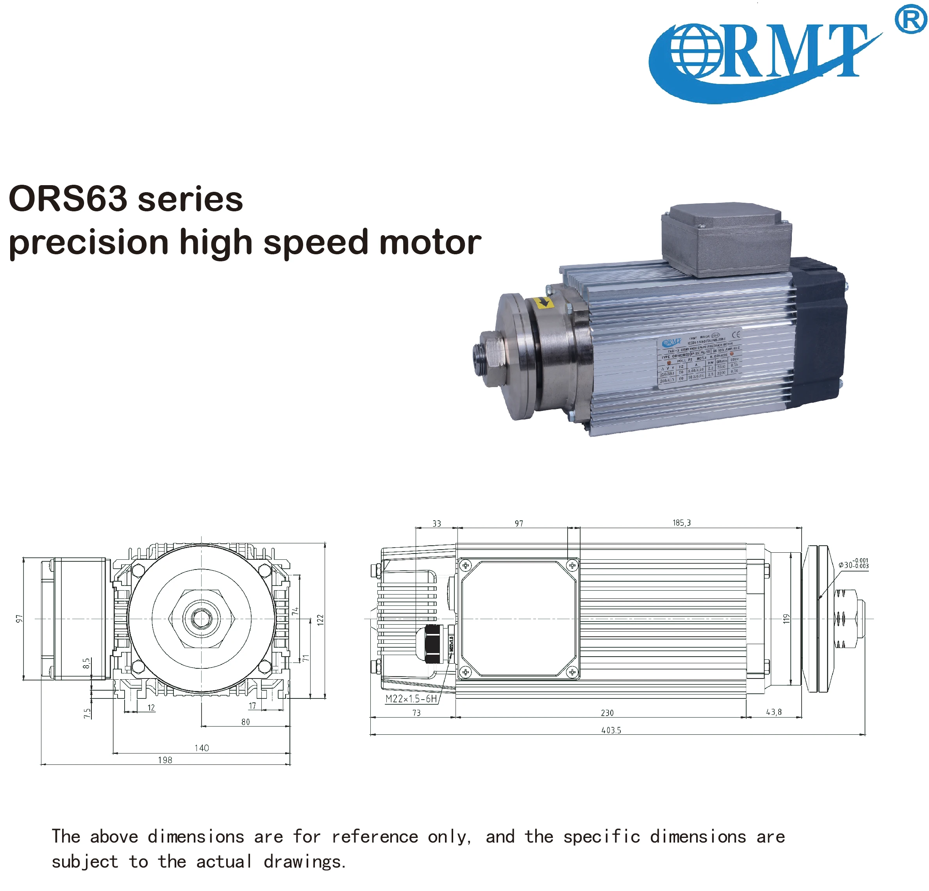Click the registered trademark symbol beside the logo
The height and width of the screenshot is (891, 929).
[x=910, y=19]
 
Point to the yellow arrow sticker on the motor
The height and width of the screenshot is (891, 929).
[x=543, y=302]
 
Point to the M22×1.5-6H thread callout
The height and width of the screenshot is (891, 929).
[x=411, y=698]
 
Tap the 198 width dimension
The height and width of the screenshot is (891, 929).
[x=165, y=760]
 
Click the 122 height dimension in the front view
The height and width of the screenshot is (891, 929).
[x=320, y=620]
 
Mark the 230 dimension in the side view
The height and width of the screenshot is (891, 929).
[x=607, y=713]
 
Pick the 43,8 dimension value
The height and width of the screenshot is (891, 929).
[x=774, y=712]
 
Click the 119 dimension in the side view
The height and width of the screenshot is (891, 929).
[x=786, y=618]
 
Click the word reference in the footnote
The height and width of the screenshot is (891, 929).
[x=374, y=836]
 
